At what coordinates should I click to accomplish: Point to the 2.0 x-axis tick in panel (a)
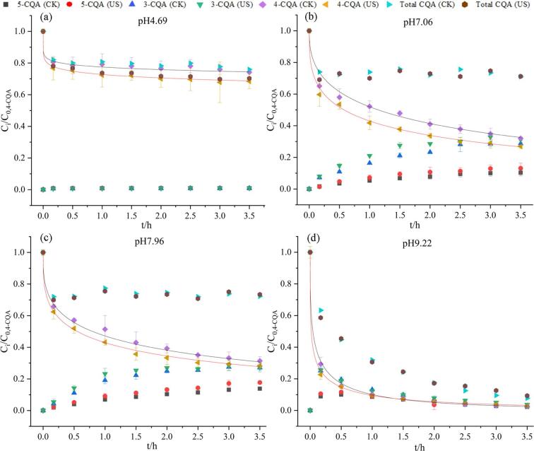coord(162,211)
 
